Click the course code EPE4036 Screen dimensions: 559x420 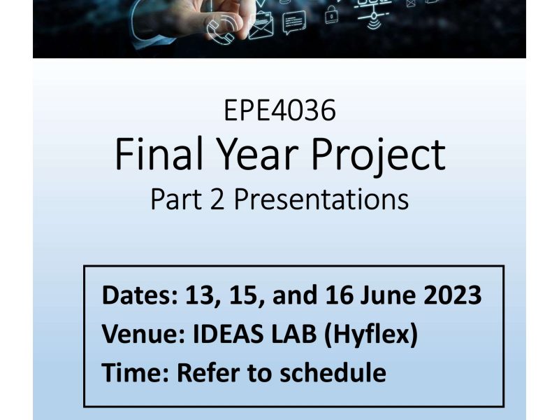[x=280, y=111]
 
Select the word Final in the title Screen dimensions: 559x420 [x=159, y=154]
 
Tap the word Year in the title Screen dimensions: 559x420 [x=257, y=154]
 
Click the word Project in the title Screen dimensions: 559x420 [x=379, y=157]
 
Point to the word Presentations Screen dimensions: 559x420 [x=321, y=199]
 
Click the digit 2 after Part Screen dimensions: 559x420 [x=217, y=199]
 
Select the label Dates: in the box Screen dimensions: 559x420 [x=140, y=295]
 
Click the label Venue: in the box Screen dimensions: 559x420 [x=143, y=334]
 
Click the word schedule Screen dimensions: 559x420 [x=333, y=372]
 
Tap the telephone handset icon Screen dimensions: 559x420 [x=222, y=30]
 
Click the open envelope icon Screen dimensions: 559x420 [x=261, y=25]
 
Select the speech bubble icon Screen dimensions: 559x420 [x=294, y=23]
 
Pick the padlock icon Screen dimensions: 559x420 [x=331, y=15]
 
